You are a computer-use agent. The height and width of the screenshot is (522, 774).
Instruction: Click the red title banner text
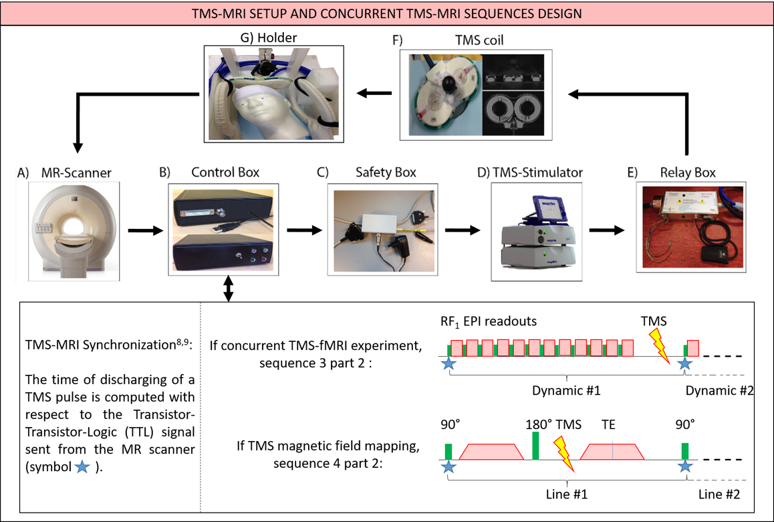[x=387, y=13]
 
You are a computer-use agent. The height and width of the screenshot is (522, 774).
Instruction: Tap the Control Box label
[x=225, y=173]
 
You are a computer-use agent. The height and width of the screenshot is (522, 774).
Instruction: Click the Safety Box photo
[x=382, y=229]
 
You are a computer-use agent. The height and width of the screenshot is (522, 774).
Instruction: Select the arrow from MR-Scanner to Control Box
[x=145, y=231]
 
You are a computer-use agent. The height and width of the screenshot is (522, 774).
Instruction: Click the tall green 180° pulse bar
[x=536, y=446]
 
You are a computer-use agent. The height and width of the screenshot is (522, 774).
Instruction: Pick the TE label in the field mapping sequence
[x=609, y=424]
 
